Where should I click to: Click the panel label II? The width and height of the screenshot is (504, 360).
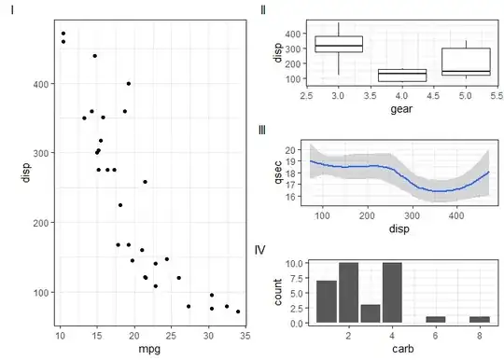tap(263, 10)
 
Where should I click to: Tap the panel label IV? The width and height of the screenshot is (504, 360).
tap(259, 250)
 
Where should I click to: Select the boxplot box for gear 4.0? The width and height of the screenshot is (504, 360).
tap(402, 76)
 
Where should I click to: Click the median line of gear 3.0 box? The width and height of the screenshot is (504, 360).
tap(339, 46)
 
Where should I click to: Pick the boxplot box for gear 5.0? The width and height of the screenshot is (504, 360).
tap(466, 62)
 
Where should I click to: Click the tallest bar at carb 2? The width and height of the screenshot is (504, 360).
tap(348, 293)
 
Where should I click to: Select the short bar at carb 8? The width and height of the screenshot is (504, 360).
tap(480, 320)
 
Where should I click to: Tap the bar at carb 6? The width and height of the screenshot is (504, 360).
tap(436, 320)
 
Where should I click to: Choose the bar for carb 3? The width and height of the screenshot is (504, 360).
tap(371, 313)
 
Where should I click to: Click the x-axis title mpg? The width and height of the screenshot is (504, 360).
tap(149, 349)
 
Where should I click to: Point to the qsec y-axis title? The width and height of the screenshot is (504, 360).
tap(278, 173)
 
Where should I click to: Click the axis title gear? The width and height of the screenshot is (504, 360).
tap(401, 109)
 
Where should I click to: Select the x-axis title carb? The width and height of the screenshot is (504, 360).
tap(403, 349)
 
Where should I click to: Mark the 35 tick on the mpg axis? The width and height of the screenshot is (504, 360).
tap(245, 336)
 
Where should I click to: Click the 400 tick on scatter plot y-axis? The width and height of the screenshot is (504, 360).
tap(41, 84)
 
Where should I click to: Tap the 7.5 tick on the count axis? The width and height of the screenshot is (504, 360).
tap(296, 278)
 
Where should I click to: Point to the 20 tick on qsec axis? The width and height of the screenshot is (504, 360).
tap(291, 150)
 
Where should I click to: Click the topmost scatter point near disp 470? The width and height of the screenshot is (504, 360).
tap(63, 34)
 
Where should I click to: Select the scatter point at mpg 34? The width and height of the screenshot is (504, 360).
tap(238, 312)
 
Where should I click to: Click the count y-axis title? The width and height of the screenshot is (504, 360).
tap(278, 292)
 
